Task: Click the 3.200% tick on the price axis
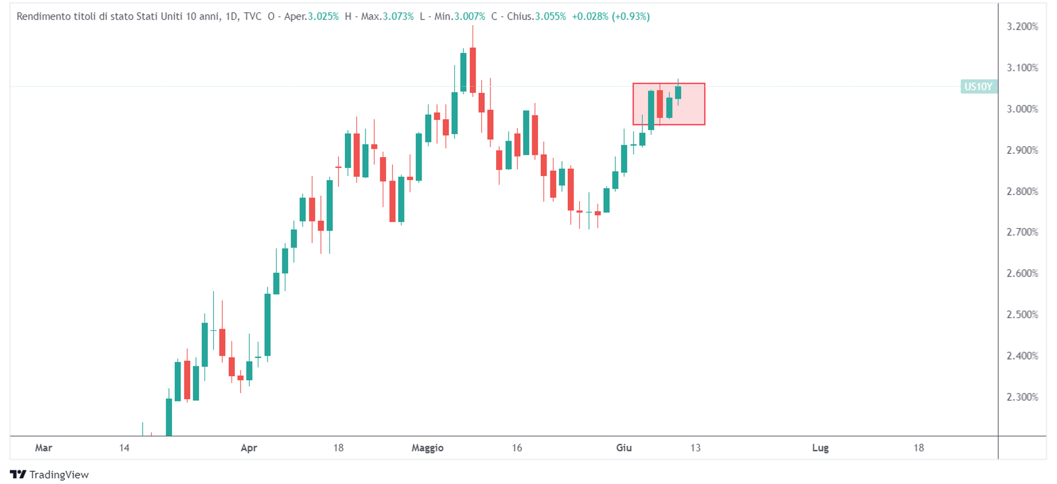1022,26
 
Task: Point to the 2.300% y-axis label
1022,397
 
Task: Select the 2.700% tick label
1022,232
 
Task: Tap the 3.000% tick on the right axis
1022,109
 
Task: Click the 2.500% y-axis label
1022,315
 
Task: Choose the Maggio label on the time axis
427,448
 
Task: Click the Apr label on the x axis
249,448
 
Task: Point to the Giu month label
624,448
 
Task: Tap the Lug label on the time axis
820,448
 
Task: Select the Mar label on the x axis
44,448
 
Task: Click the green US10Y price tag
978,87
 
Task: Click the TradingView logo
50,474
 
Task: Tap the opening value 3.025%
323,17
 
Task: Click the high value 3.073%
398,17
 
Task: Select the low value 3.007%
469,17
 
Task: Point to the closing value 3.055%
550,17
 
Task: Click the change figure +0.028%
590,17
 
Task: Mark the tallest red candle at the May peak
473,70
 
